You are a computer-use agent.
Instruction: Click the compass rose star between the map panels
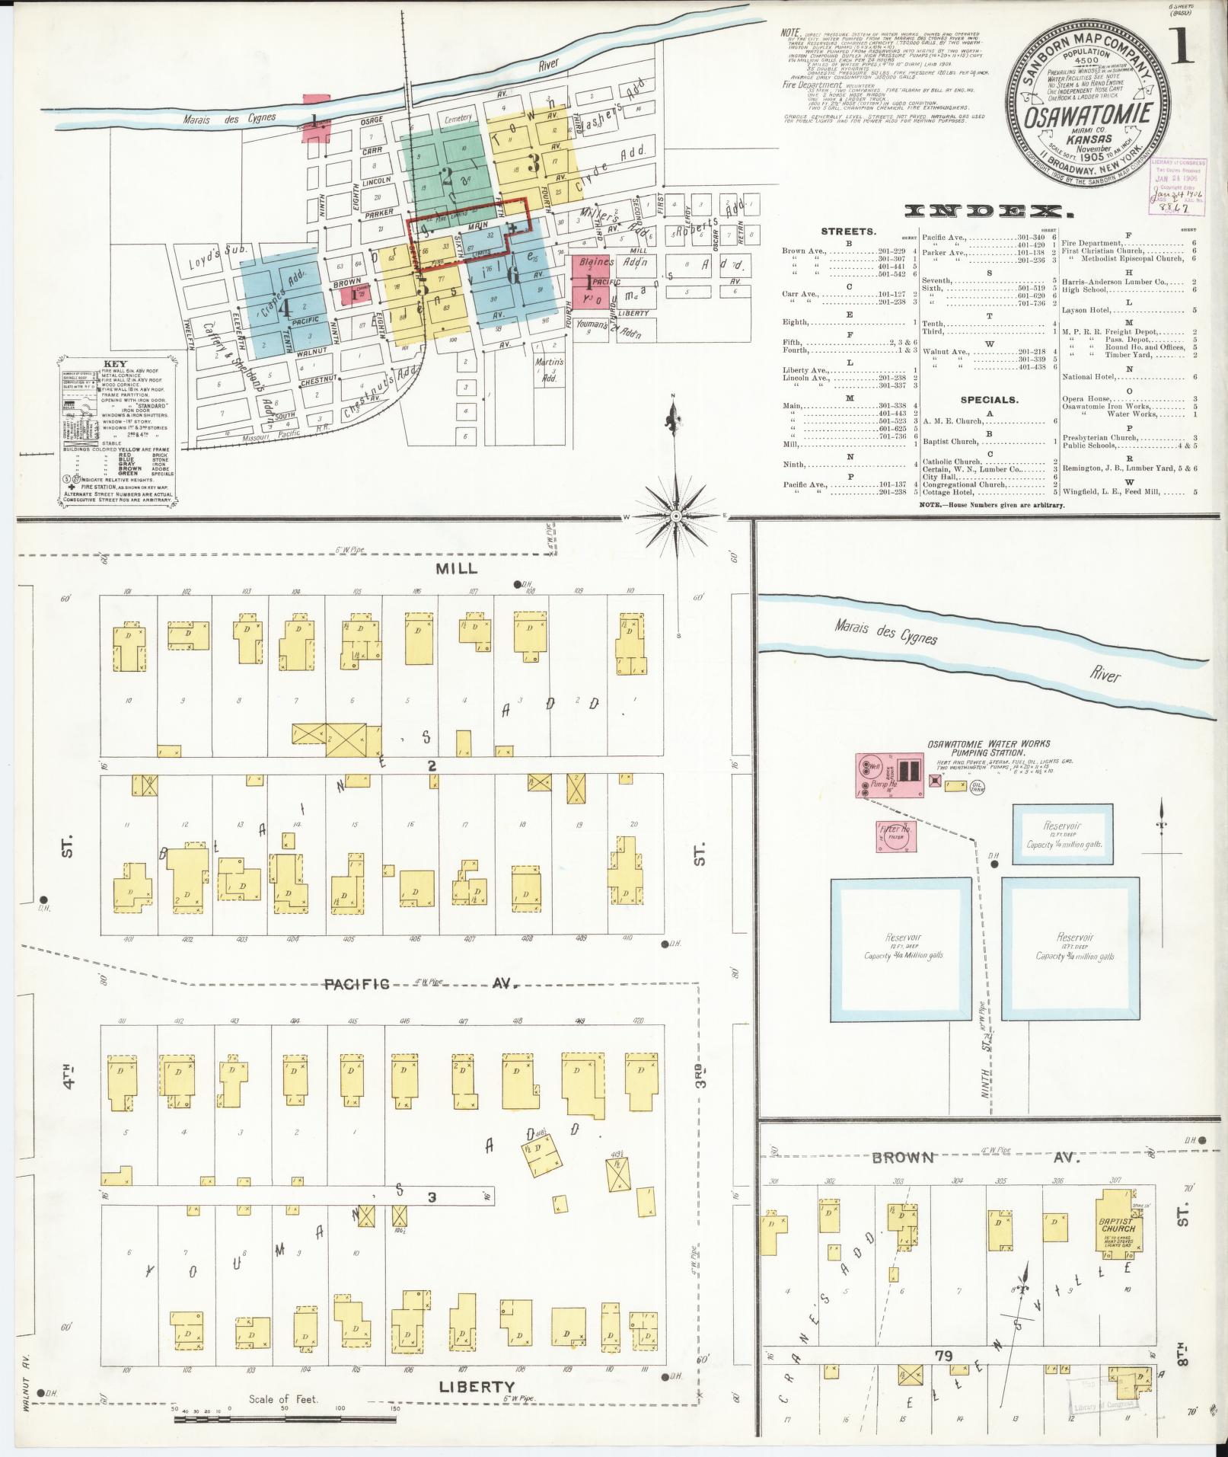click(676, 516)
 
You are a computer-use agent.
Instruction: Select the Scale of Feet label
click(282, 1399)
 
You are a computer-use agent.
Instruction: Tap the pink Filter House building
click(896, 836)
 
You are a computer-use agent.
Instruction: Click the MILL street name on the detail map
click(457, 568)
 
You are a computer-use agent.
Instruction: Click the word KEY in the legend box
click(117, 365)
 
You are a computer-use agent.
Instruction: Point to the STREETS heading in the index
click(848, 230)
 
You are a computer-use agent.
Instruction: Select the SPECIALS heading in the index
click(989, 399)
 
